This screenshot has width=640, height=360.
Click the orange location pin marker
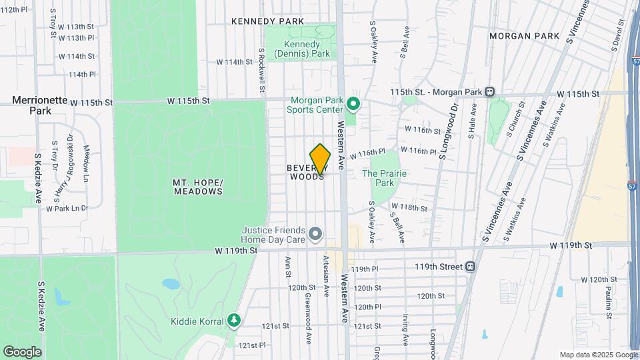click(320, 159)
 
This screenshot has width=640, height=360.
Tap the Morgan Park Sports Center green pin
click(354, 105)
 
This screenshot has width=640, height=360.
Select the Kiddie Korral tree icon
click(233, 321)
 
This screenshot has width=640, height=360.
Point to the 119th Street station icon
click(471, 267)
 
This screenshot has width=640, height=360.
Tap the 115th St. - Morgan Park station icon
click(489, 91)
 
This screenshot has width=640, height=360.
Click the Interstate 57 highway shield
click(631, 180)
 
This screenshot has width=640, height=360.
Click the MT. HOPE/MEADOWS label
click(197, 187)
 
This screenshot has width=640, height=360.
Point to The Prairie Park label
click(384, 177)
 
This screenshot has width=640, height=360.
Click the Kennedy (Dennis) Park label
click(302, 49)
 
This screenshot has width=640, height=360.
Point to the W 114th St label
click(235, 62)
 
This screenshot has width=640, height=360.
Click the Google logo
click(22, 351)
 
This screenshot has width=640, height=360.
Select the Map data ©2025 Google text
click(598, 355)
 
